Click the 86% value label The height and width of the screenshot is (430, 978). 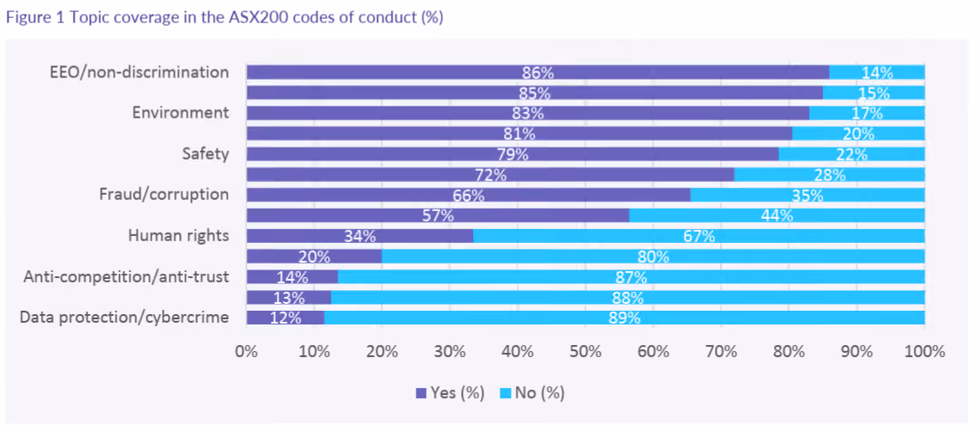[x=537, y=72]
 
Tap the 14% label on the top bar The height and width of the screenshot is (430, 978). [x=877, y=72]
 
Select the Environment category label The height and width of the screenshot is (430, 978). [x=180, y=113]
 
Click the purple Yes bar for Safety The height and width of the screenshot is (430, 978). [x=513, y=154]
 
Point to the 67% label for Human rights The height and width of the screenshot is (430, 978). [x=699, y=236]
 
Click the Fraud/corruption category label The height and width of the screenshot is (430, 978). [x=164, y=194]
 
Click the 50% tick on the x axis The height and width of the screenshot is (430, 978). [x=585, y=351]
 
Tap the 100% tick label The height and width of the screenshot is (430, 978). [x=924, y=351]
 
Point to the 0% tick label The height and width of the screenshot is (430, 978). [x=246, y=351]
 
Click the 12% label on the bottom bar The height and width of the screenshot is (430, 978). [x=285, y=318]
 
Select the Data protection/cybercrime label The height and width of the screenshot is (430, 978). [x=124, y=318]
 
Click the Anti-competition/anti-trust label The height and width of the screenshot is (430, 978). [x=126, y=276]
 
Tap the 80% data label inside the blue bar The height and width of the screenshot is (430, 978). [x=653, y=257]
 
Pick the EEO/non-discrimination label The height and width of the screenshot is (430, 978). [x=139, y=72]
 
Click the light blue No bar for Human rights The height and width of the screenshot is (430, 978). [x=699, y=236]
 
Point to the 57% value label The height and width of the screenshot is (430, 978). [x=438, y=215]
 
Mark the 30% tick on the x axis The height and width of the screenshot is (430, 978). [x=450, y=351]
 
